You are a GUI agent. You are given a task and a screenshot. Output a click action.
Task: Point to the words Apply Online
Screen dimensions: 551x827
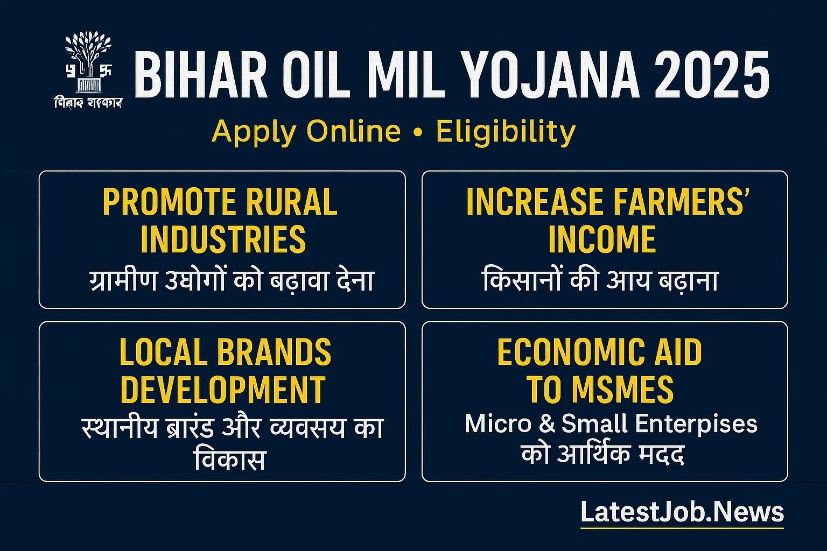coord(306,131)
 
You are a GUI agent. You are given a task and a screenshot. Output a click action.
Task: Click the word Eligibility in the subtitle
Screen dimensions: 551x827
coord(506,132)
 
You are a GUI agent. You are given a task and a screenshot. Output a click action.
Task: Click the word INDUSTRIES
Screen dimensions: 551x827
coord(223,240)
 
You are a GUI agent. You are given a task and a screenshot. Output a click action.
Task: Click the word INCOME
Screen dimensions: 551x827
coord(602,240)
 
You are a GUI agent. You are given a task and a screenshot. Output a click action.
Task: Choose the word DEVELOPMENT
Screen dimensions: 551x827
coord(223,390)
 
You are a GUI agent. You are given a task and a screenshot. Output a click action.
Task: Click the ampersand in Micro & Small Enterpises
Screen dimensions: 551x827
coord(546,424)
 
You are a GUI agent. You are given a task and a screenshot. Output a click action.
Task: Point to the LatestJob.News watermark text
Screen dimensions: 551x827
coord(682,512)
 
